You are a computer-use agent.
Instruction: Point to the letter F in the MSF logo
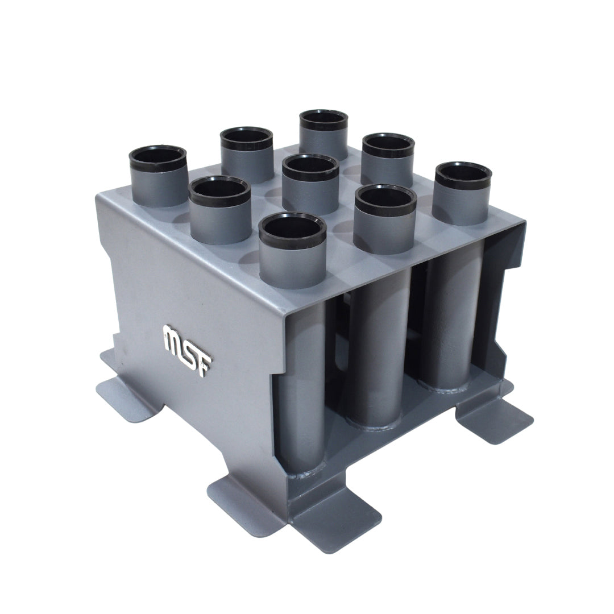(205, 364)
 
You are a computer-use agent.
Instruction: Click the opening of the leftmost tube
(158, 156)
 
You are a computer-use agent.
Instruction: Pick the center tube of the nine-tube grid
(310, 184)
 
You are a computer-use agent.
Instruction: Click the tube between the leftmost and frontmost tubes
(220, 210)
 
